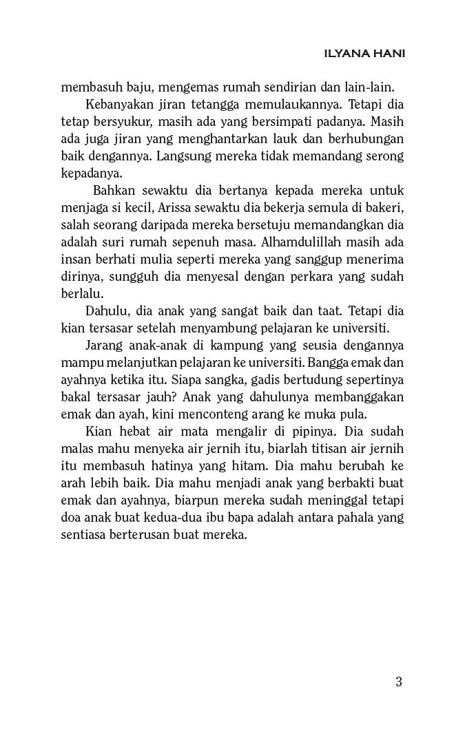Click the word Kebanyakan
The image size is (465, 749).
(x=117, y=105)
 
